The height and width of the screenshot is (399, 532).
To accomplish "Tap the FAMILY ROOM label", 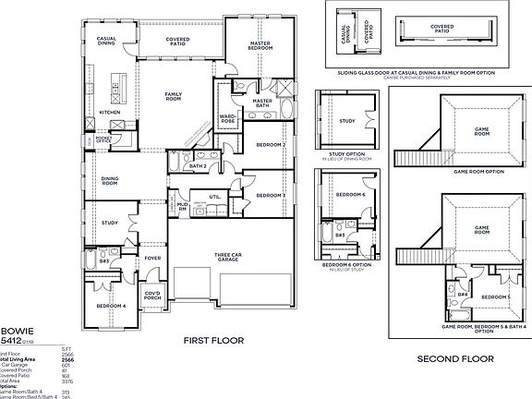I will (x=174, y=96).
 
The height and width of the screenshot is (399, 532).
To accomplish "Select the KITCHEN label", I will (x=110, y=113).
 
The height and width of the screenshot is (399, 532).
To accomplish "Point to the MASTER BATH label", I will (x=262, y=102).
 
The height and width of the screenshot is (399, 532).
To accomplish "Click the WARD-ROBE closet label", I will (x=226, y=118).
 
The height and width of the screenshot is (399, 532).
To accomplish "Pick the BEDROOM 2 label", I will (x=271, y=145).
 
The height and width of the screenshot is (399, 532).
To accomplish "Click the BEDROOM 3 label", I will (x=270, y=196).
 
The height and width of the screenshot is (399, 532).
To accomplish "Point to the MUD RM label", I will (x=182, y=209).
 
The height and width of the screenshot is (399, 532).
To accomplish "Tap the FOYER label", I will (x=152, y=258).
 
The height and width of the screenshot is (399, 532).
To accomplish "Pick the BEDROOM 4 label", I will (x=110, y=306).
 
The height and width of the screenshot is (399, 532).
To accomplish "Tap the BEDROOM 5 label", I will (x=496, y=296).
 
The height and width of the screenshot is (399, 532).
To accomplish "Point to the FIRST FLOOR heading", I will (x=213, y=341).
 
